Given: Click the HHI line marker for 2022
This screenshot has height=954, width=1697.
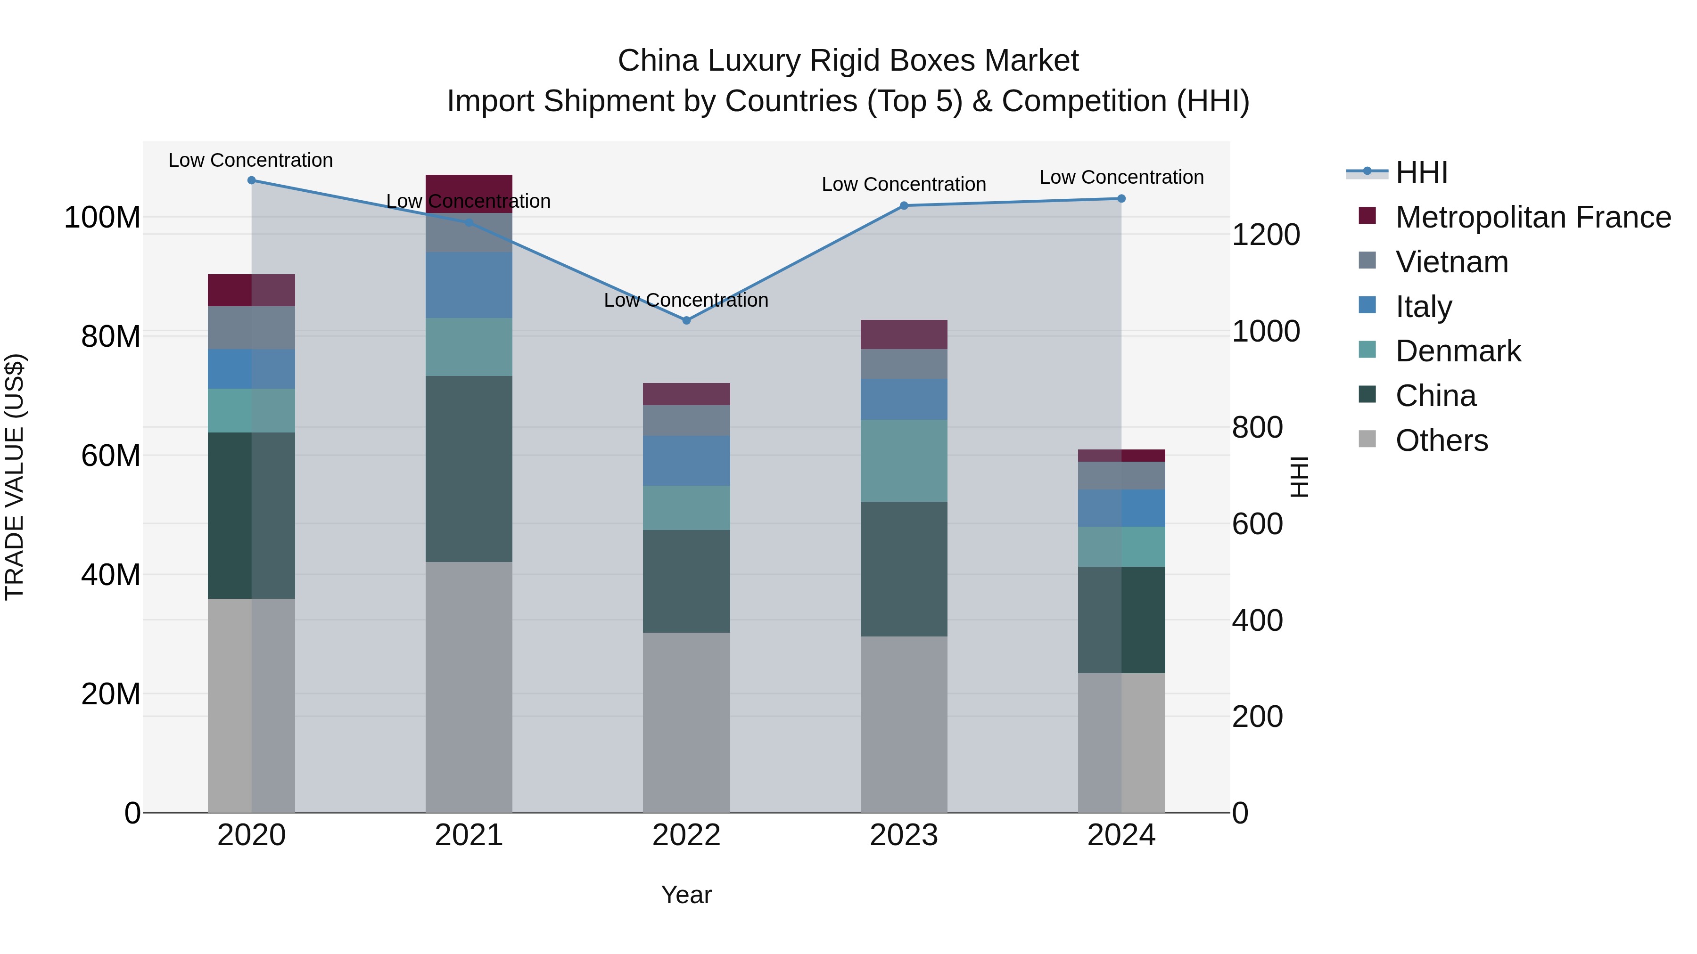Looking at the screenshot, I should tap(686, 321).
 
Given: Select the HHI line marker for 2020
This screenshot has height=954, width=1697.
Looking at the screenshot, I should tap(252, 180).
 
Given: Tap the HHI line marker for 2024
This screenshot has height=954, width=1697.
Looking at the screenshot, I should tap(1121, 199).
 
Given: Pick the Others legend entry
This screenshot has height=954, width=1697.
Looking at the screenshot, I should tap(1442, 440).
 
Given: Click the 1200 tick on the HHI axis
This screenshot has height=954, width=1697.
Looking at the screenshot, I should tap(1266, 235).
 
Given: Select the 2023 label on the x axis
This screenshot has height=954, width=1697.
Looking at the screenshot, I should tap(904, 835).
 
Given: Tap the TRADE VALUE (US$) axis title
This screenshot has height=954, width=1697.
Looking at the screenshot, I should tap(15, 477).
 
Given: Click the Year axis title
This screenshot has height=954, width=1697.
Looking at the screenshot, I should tap(686, 895).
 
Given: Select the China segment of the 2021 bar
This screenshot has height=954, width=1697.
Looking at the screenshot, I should tap(469, 469).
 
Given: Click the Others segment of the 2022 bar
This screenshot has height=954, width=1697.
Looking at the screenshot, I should tap(686, 722).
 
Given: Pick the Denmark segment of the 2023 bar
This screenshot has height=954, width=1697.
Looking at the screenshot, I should tap(904, 461).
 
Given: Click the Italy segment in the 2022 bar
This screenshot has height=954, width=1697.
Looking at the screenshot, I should tap(686, 461).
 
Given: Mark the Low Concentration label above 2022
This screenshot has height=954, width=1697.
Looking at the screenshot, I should tap(686, 300).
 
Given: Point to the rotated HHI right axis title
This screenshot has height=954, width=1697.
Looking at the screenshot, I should tap(1299, 477).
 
